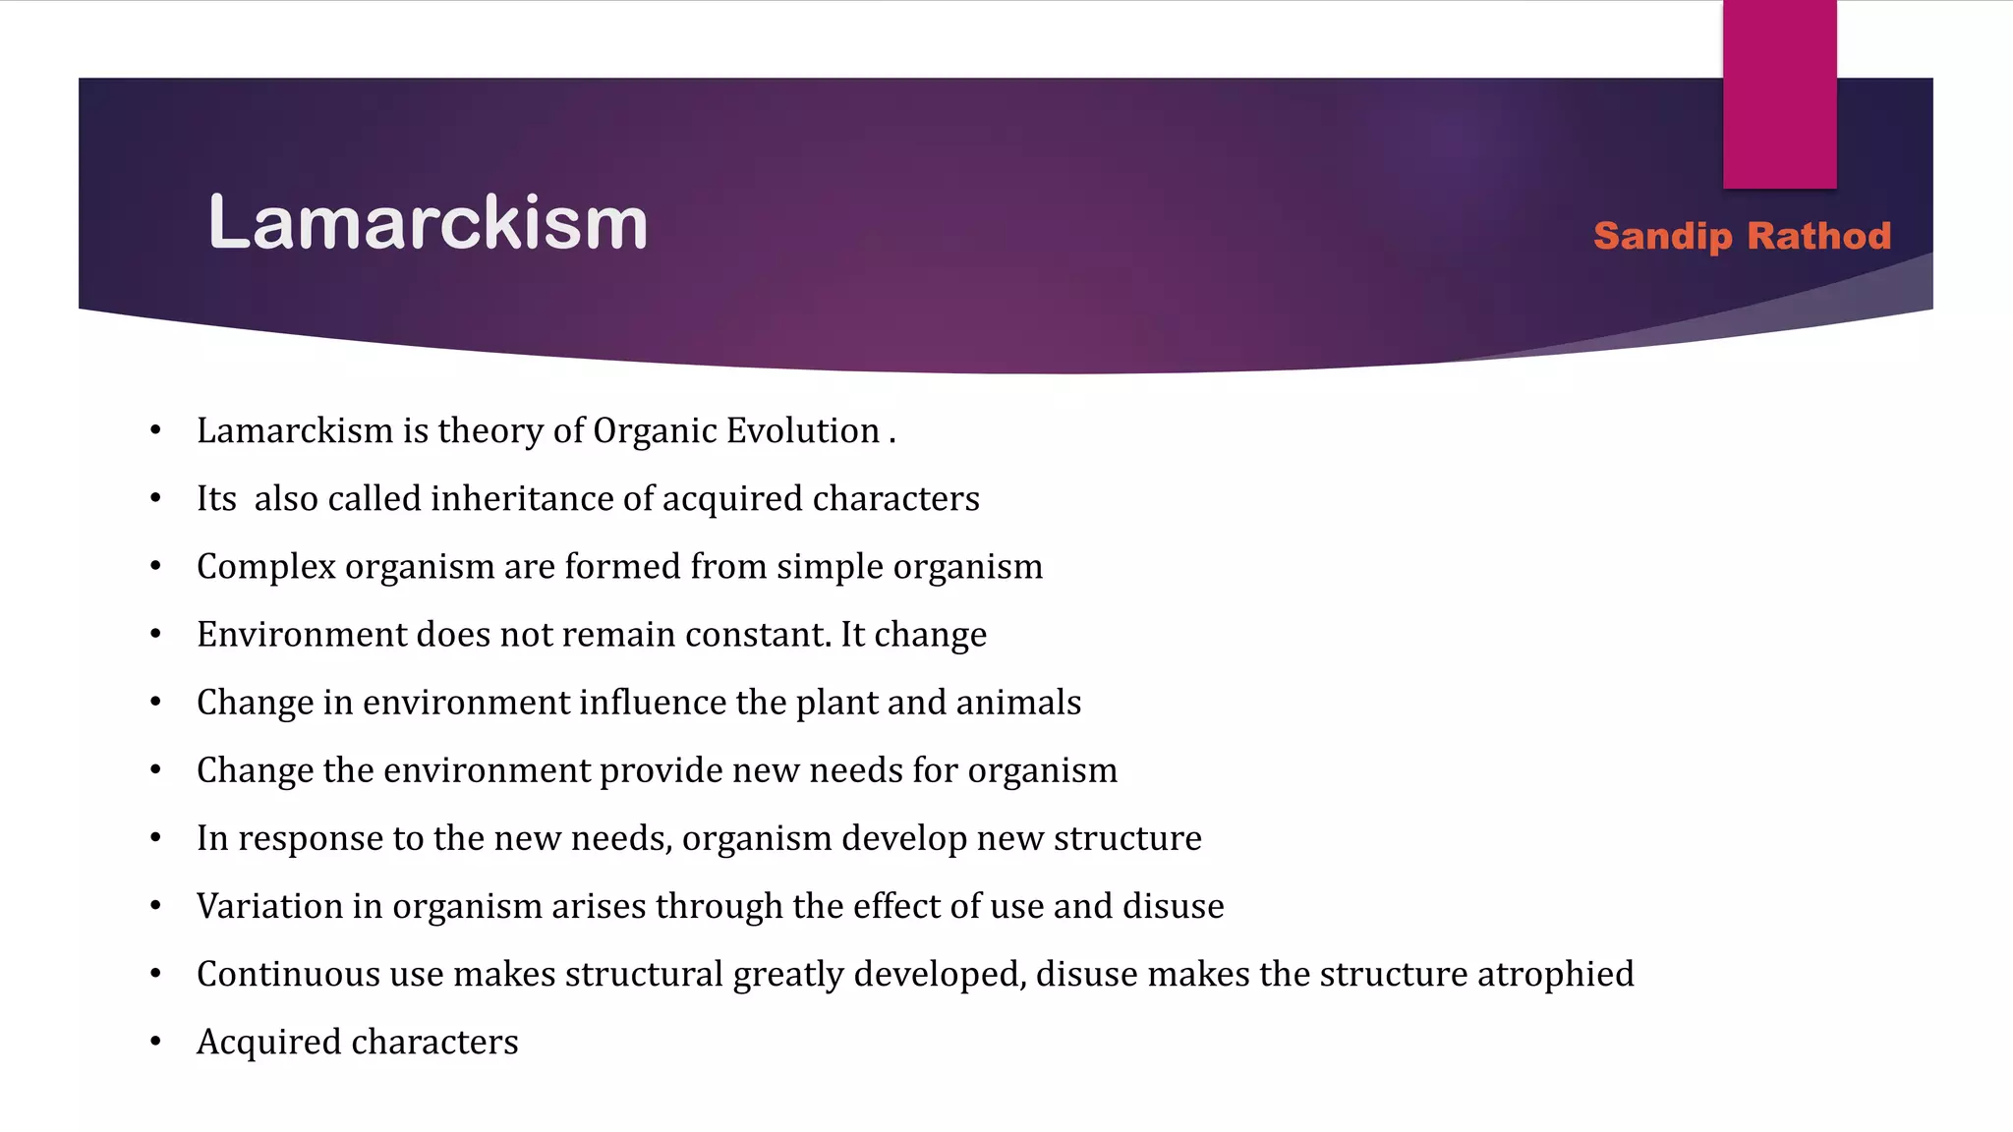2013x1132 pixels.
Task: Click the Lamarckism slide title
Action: pos(428,223)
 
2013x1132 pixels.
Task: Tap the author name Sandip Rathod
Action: pos(1742,236)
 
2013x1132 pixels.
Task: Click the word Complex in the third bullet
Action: pos(265,567)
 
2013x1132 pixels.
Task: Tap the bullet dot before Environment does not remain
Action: pos(155,635)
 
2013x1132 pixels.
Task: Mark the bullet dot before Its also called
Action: pos(155,499)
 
